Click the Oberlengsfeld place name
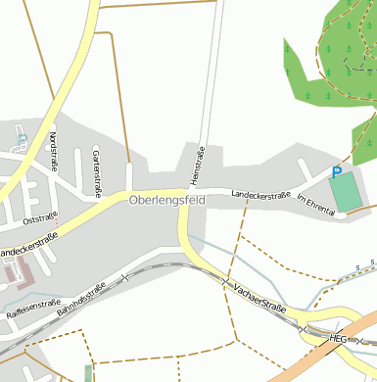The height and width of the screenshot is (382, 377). [x=166, y=200]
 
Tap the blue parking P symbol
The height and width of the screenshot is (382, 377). [x=337, y=172]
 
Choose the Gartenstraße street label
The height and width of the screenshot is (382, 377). [x=96, y=156]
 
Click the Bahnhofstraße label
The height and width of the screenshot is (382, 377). [x=81, y=298]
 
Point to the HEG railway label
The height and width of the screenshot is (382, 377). [x=339, y=338]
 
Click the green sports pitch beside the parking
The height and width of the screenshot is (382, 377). [x=346, y=191]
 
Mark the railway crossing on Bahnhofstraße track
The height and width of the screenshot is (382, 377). [x=124, y=278]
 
